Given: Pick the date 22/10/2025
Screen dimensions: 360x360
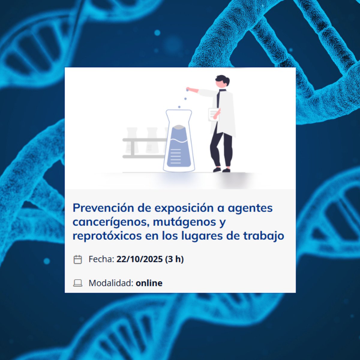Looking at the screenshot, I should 139,259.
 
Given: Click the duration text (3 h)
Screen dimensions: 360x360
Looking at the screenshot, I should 174,259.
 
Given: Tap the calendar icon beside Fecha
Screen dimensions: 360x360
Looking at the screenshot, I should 78,259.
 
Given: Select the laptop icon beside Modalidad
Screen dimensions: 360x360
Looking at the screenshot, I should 78,283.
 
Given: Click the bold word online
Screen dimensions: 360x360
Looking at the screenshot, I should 149,283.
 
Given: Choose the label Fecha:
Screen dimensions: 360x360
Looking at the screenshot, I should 101,259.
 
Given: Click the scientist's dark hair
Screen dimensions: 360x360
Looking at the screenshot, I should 223,79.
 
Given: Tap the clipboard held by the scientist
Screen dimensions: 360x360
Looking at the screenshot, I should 213,114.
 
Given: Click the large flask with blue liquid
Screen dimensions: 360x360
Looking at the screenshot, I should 179,142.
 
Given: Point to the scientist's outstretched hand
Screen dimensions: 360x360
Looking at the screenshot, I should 188,89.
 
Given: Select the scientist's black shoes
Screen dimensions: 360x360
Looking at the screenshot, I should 222,170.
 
